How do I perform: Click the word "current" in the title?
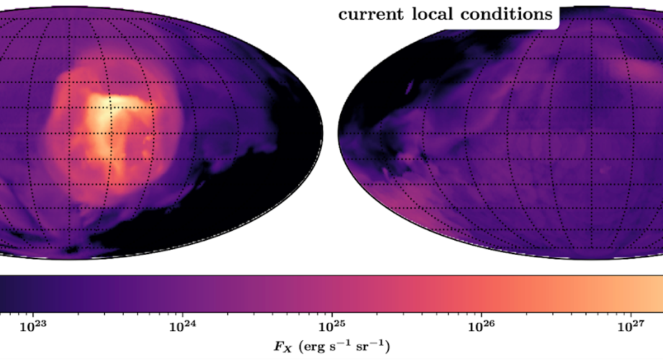367,14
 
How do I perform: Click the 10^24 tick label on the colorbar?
181,324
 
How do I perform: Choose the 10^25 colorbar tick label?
331,324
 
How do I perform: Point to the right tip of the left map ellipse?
322,132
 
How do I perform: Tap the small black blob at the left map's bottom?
73,250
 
